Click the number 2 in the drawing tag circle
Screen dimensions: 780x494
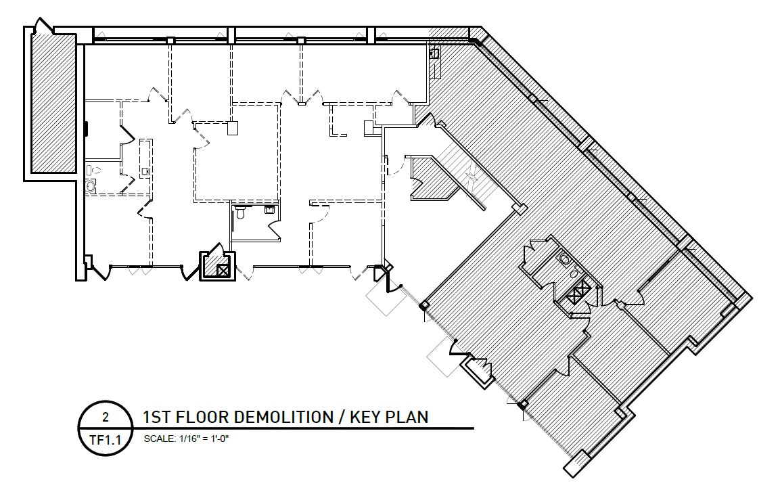coord(105,417)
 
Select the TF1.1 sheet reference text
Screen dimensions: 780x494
coord(106,440)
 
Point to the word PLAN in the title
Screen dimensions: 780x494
coord(407,417)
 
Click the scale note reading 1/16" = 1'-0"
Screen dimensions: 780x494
coord(204,439)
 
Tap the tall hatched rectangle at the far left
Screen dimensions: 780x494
coord(53,103)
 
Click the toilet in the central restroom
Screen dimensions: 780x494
coord(241,212)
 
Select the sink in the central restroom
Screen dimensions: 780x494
coord(270,210)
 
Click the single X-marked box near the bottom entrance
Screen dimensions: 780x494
coord(223,270)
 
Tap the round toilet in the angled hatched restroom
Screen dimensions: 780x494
coord(565,259)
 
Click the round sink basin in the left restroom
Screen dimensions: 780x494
coord(91,187)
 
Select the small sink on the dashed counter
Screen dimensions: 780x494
coord(145,172)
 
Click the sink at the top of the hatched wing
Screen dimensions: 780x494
coord(434,53)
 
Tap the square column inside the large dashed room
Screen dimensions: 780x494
coord(233,129)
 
